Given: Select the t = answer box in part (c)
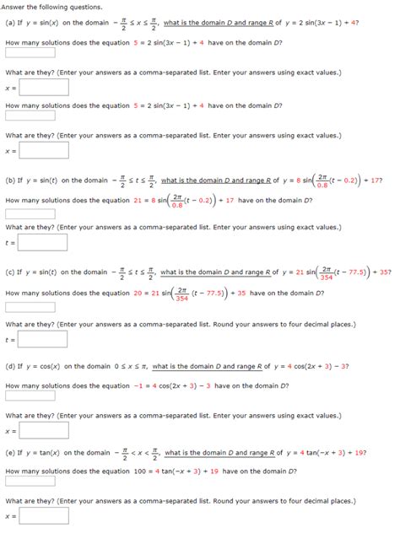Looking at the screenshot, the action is pyautogui.click(x=31, y=340).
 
